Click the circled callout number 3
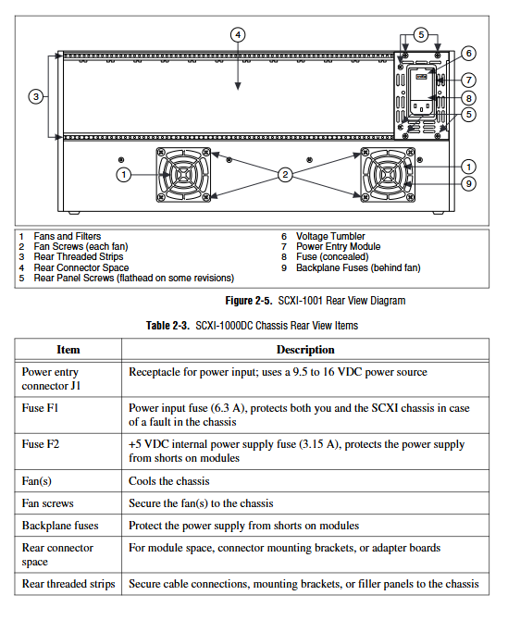(x=36, y=96)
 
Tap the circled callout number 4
(x=238, y=35)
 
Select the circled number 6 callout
(x=468, y=54)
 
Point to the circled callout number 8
(x=468, y=98)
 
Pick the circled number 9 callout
(x=468, y=183)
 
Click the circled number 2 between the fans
(x=285, y=174)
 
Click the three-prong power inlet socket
(x=421, y=106)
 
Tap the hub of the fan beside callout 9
(x=388, y=174)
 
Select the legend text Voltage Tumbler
(x=330, y=237)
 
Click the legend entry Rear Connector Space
(x=81, y=267)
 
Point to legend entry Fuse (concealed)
(x=332, y=257)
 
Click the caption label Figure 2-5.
(x=249, y=301)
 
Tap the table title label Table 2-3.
(x=167, y=326)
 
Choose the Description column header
(x=305, y=350)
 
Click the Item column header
(x=68, y=350)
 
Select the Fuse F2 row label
(x=41, y=444)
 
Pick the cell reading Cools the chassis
(x=168, y=481)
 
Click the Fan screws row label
(x=47, y=503)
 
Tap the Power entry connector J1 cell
(x=51, y=378)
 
